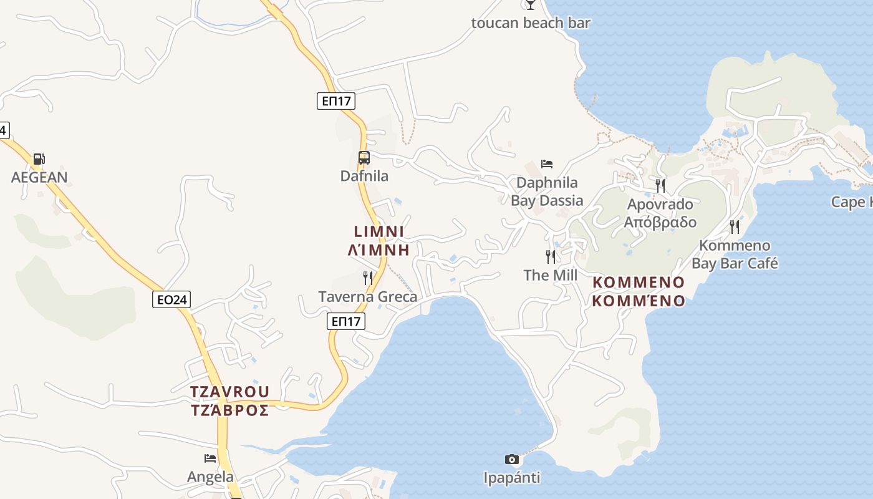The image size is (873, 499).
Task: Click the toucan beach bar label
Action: click(531, 23)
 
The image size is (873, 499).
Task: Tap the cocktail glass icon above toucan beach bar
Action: click(531, 4)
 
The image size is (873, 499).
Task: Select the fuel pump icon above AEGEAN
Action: click(39, 159)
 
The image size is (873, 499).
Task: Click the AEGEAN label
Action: click(39, 177)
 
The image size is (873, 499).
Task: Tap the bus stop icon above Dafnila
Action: click(364, 158)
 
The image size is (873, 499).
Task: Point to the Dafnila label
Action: click(364, 176)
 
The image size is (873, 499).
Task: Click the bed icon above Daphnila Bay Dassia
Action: click(547, 164)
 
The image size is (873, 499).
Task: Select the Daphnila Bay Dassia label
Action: click(547, 191)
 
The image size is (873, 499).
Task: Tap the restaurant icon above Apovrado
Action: click(660, 185)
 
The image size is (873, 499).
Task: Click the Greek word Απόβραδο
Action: click(660, 222)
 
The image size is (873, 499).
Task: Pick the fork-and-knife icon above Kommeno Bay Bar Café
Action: click(735, 226)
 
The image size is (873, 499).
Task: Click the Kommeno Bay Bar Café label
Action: click(735, 254)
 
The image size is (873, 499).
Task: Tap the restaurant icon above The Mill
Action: click(551, 256)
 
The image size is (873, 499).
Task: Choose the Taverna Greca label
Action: click(368, 296)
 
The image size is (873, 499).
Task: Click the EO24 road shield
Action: click(171, 300)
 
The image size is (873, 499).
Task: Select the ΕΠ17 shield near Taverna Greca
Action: click(346, 322)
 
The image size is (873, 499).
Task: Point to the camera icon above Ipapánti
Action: click(512, 460)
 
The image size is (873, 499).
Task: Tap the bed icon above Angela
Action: click(211, 458)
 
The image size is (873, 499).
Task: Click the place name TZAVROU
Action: click(230, 392)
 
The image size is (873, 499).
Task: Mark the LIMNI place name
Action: click(379, 231)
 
